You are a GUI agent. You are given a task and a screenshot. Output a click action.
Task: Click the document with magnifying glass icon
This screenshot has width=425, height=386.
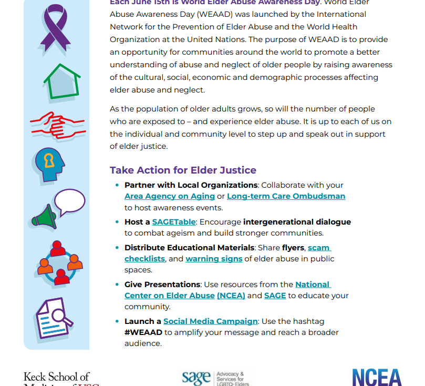[54, 317]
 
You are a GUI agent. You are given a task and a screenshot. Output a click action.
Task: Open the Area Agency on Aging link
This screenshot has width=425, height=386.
[170, 196]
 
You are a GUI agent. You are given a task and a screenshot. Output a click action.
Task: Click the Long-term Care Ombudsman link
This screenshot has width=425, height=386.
[286, 196]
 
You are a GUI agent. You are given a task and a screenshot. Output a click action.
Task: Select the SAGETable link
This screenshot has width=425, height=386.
[173, 222]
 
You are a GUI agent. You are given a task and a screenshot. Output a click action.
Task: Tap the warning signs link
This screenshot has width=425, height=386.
[214, 259]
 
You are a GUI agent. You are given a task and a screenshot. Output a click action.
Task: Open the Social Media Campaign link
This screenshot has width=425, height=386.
[210, 321]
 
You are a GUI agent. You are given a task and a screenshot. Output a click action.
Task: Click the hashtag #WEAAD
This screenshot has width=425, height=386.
[143, 332]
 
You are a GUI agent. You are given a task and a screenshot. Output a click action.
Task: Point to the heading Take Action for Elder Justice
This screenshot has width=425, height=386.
[183, 170]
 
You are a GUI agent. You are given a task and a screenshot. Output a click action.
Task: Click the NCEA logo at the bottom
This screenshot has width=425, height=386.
[377, 377]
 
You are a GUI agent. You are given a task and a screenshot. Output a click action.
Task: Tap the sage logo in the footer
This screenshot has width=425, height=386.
[216, 377]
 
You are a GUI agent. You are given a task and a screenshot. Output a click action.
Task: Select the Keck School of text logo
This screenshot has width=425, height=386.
[57, 377]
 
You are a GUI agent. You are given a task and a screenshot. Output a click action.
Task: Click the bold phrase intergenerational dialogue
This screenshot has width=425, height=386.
[297, 222]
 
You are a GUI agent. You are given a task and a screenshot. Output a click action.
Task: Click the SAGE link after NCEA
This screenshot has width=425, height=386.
[275, 296]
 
